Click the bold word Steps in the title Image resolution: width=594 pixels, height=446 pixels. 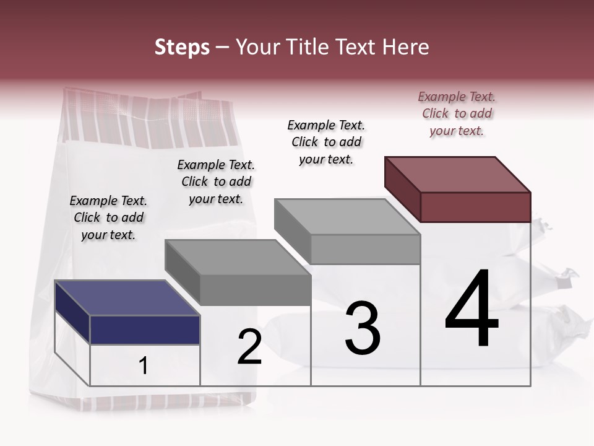(x=182, y=47)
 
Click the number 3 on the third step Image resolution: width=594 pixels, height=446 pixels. (x=363, y=328)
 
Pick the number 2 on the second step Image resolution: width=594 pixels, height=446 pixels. (x=250, y=348)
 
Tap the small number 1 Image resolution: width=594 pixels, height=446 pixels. (x=144, y=366)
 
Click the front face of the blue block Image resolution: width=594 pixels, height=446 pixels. (x=145, y=330)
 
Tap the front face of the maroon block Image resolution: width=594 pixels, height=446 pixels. (x=475, y=207)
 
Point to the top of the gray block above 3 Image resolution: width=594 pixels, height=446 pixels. (x=347, y=217)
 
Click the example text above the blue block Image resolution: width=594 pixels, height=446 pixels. (x=108, y=217)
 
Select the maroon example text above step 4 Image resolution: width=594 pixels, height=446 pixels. (x=457, y=113)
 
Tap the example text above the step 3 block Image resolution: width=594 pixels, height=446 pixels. (x=326, y=142)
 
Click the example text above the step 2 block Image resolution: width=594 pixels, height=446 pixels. (x=216, y=181)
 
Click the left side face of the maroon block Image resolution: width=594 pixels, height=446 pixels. (x=402, y=189)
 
